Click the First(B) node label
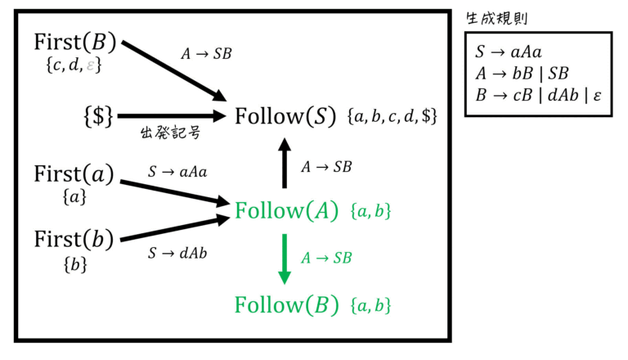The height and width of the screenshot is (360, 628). coord(75,42)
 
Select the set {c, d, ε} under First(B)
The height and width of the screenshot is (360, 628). coord(74,65)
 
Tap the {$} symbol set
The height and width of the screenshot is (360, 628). coord(98,116)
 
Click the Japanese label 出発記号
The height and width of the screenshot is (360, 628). coord(170,133)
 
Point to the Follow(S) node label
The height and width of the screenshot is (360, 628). coord(285,116)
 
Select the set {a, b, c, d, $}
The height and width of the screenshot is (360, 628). coord(392,116)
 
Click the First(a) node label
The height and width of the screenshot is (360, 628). coord(74,174)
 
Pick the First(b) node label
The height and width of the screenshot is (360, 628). coord(74,240)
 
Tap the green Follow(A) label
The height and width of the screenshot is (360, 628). coord(286,210)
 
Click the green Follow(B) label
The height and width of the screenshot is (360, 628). coord(286,304)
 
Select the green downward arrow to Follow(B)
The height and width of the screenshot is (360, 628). coord(285,259)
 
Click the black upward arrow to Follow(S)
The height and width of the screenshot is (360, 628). coord(285,163)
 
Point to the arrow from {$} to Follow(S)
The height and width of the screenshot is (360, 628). coord(173,116)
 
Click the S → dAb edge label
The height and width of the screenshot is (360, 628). coord(177,253)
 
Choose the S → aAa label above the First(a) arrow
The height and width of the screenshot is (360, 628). coord(177,172)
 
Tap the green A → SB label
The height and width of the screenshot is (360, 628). coord(326,258)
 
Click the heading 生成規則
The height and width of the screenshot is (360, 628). coord(496,19)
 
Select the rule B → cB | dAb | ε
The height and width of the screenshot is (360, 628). coord(538,96)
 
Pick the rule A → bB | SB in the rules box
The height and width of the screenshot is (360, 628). coord(522,74)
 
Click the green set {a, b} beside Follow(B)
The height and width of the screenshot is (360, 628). coord(370,305)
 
